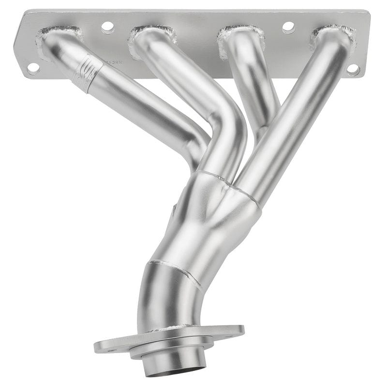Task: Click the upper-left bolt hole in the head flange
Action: pyautogui.click(x=107, y=27)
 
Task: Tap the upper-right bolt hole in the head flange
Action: pyautogui.click(x=288, y=27)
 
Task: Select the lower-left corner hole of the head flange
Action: pyautogui.click(x=33, y=68)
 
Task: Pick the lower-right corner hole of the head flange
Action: pyautogui.click(x=353, y=70)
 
